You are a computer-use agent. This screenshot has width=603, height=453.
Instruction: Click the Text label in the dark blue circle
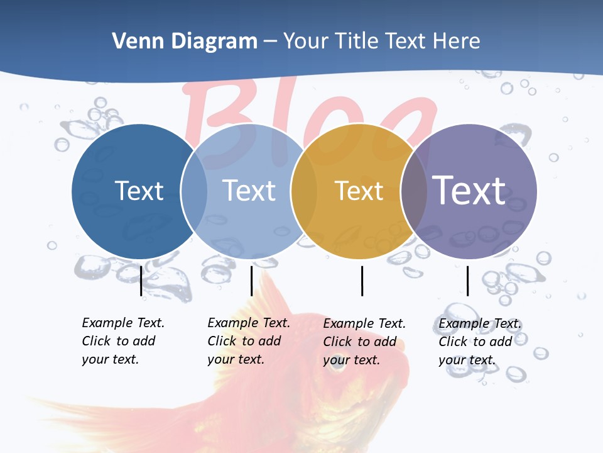(x=139, y=191)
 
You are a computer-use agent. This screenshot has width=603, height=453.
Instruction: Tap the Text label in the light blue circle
(x=249, y=191)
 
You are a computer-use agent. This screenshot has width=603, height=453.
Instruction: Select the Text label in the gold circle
(x=359, y=191)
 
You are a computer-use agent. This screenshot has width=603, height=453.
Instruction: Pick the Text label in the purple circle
(x=469, y=191)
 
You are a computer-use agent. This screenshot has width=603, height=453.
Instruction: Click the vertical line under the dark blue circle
(x=141, y=281)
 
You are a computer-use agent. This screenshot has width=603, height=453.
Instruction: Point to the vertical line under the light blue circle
(x=251, y=281)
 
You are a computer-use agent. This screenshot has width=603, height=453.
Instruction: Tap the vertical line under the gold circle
(x=362, y=281)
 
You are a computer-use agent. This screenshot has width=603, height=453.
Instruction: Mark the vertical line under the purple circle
(x=467, y=281)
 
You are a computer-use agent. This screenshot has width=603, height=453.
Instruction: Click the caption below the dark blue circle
(x=122, y=341)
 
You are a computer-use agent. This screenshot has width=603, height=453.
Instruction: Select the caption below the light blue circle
(x=248, y=341)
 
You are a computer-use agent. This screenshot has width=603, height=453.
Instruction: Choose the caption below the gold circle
(x=364, y=342)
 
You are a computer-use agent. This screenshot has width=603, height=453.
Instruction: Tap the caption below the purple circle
(x=479, y=342)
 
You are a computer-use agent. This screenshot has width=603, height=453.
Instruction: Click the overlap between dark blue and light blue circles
(x=194, y=191)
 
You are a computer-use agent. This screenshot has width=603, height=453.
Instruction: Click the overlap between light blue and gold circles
(x=304, y=191)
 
